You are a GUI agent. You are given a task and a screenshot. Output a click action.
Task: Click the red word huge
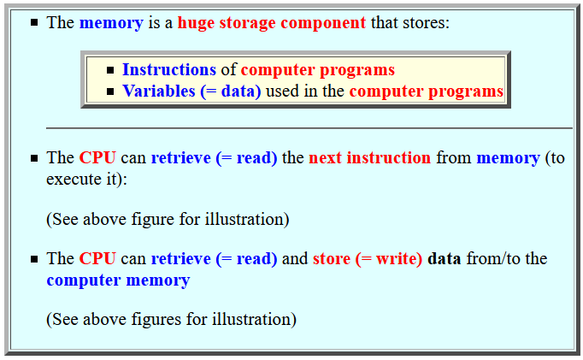(x=196, y=23)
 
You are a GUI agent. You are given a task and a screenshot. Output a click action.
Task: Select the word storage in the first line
(x=247, y=23)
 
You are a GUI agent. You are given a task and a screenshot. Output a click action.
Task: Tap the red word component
(x=323, y=24)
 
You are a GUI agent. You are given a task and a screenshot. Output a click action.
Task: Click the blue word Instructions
(x=169, y=69)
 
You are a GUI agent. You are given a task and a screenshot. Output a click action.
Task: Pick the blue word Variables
(x=159, y=91)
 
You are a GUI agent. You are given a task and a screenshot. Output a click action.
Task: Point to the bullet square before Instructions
(x=110, y=70)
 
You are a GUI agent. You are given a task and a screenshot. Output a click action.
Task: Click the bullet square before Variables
(x=110, y=91)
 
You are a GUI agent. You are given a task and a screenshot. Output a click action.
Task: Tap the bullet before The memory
(x=34, y=23)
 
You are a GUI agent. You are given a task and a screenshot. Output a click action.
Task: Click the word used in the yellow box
(x=282, y=91)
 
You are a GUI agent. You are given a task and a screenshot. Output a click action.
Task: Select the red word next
(x=325, y=158)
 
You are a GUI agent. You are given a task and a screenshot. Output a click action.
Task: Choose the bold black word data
(x=445, y=258)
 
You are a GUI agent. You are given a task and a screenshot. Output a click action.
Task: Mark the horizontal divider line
(x=309, y=128)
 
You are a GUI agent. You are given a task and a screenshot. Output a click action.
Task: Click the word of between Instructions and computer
(x=228, y=69)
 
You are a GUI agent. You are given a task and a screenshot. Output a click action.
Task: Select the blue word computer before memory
(x=84, y=280)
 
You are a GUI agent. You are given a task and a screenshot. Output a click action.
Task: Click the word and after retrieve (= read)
(x=295, y=258)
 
